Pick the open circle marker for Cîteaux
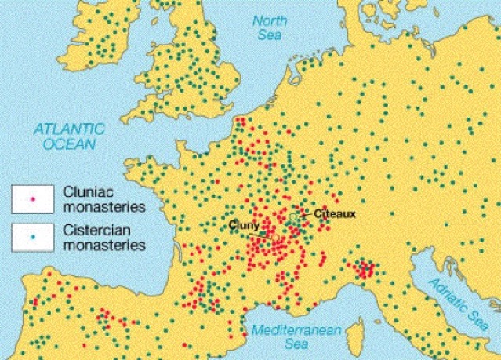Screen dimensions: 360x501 click(293, 216)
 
